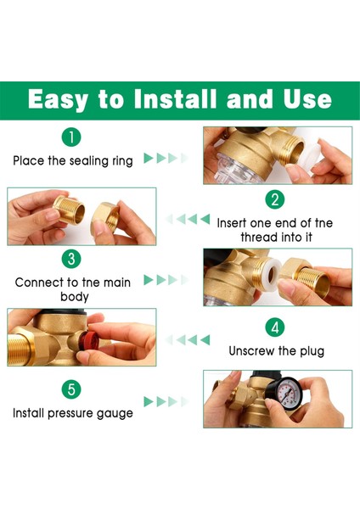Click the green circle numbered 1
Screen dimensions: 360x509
click(71, 137)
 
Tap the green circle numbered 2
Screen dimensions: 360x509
click(275, 199)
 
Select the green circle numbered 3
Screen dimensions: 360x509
click(71, 259)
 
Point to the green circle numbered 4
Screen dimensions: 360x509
click(275, 327)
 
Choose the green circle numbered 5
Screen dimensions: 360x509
click(71, 389)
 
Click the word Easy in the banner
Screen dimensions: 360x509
click(58, 99)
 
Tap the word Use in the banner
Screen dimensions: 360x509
click(307, 99)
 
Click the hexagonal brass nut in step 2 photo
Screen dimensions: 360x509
click(105, 217)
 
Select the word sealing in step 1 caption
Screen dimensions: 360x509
click(88, 161)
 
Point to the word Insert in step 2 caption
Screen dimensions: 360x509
click(231, 223)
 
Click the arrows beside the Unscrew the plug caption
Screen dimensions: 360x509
click(188, 340)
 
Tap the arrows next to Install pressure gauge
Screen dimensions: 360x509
click(166, 401)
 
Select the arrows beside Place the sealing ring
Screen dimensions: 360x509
click(166, 158)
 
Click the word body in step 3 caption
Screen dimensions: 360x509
click(75, 297)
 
